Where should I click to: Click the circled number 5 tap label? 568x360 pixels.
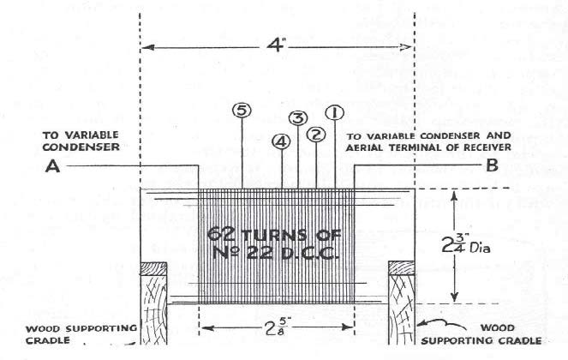point(242,111)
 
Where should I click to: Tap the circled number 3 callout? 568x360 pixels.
point(298,117)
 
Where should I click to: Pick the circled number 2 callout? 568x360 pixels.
point(316,135)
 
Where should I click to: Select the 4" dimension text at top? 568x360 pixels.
point(276,45)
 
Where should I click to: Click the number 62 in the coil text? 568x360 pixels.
point(222,233)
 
